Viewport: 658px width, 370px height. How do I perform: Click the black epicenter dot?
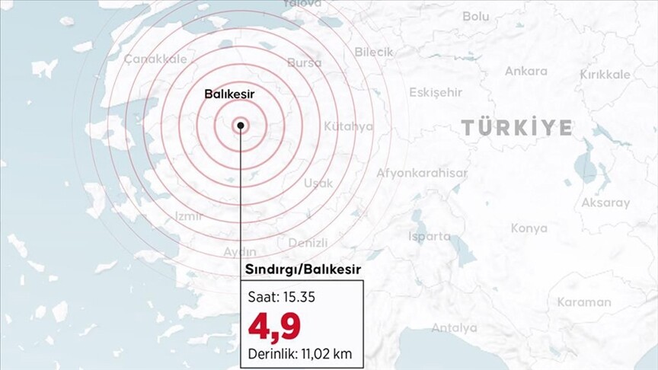[241, 125]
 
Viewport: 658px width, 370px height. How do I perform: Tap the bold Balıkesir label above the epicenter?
[228, 94]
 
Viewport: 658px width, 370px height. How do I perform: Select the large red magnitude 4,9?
[274, 325]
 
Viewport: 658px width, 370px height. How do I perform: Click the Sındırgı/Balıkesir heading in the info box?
[302, 270]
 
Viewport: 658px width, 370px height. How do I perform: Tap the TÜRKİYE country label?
[516, 127]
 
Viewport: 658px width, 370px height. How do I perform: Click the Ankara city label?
[525, 71]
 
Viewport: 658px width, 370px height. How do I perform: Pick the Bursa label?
[305, 62]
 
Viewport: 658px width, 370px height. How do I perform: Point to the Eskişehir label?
[436, 92]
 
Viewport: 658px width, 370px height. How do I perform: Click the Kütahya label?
[348, 126]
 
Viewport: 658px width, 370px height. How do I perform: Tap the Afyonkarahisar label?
[422, 173]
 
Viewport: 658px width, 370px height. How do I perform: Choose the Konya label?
[529, 228]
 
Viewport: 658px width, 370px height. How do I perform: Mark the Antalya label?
[454, 327]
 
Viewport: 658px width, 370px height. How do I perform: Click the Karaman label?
[583, 301]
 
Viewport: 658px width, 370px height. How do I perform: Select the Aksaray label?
[605, 203]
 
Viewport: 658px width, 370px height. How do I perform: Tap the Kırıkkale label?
[605, 74]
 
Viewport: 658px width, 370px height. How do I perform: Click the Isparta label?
[430, 236]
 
